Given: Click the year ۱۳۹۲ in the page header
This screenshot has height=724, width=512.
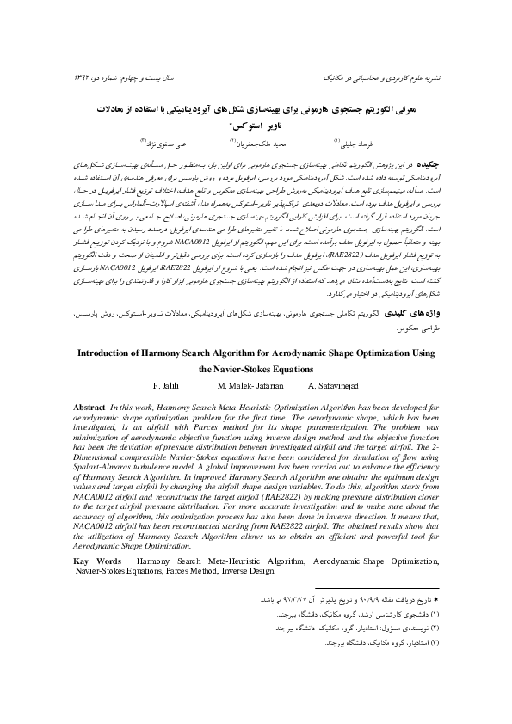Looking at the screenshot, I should click(82, 75).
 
